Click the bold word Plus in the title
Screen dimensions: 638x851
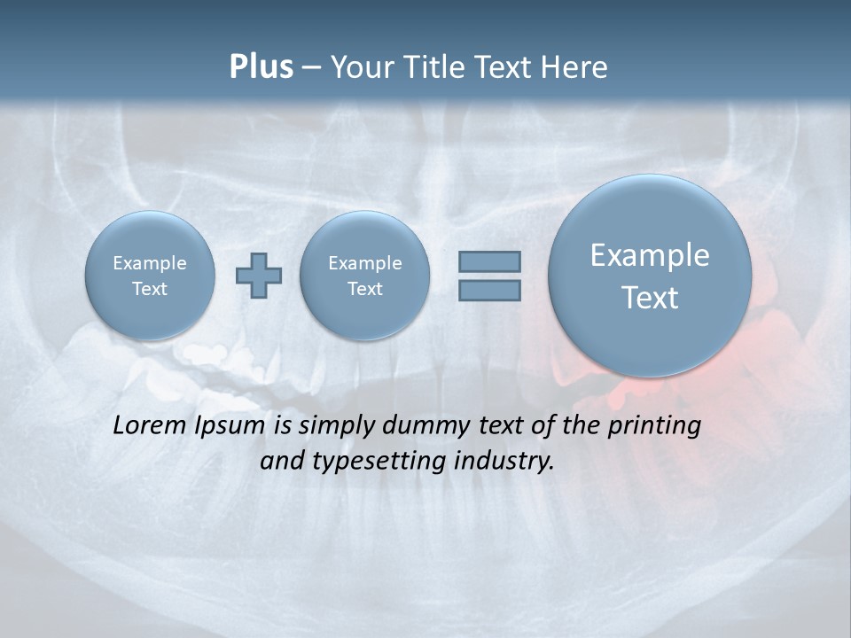click(261, 67)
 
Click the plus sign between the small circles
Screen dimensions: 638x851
click(259, 276)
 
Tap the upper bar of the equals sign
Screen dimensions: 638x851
click(489, 261)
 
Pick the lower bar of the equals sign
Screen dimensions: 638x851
click(489, 290)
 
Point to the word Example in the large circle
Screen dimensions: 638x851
click(650, 255)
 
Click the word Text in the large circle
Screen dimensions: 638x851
click(650, 298)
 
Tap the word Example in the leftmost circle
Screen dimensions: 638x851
click(150, 263)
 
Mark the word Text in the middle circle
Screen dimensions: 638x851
click(365, 289)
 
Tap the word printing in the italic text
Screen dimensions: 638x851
click(655, 426)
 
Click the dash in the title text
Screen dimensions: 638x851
click(311, 67)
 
